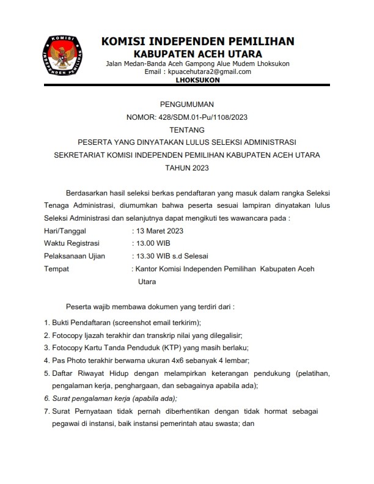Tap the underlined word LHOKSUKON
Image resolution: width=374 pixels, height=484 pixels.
pyautogui.click(x=197, y=79)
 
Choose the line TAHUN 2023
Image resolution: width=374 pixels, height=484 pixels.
pyautogui.click(x=186, y=167)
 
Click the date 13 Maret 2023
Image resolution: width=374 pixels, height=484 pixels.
pyautogui.click(x=160, y=231)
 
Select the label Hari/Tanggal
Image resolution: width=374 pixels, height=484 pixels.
pyautogui.click(x=65, y=231)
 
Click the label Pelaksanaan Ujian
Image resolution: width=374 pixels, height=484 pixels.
pyautogui.click(x=74, y=256)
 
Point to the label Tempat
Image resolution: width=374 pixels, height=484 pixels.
pyautogui.click(x=57, y=269)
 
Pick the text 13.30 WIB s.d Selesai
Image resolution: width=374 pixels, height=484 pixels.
pyautogui.click(x=173, y=256)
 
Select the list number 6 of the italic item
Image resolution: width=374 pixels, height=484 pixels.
pyautogui.click(x=46, y=398)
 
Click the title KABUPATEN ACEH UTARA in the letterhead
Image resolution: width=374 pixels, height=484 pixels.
pyautogui.click(x=197, y=54)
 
